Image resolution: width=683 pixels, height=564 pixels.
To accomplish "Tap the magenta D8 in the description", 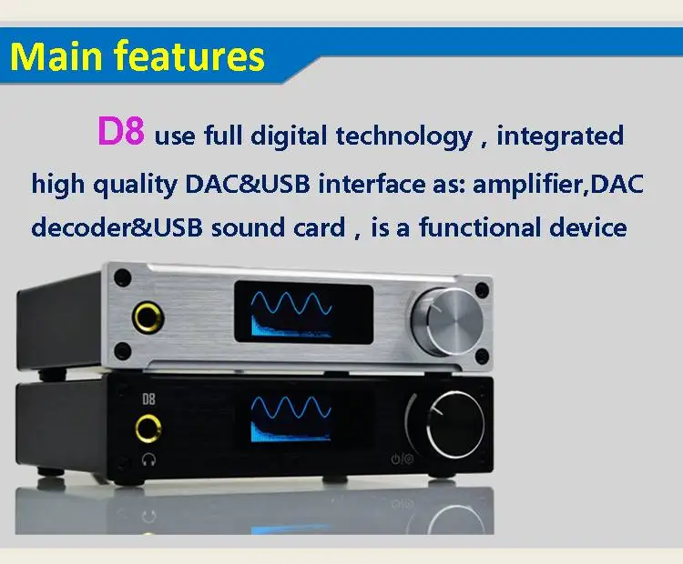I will click(120, 133).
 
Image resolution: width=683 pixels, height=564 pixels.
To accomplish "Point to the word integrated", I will click(560, 137).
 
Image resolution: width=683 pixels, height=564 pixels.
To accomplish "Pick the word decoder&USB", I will click(117, 227).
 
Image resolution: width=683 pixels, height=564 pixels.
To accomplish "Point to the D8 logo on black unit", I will click(147, 398).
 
